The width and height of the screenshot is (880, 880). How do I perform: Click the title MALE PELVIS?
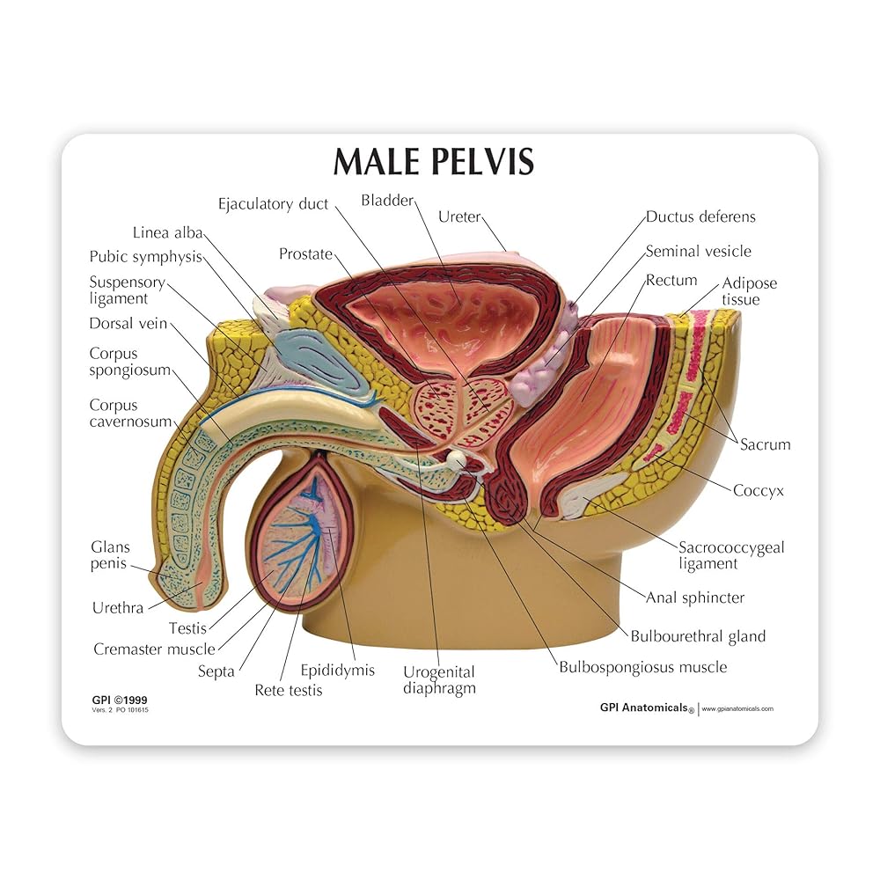[432, 164]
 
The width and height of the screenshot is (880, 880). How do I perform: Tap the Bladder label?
[386, 201]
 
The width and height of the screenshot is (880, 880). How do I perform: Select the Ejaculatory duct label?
[273, 204]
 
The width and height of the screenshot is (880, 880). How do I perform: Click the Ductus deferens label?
[700, 216]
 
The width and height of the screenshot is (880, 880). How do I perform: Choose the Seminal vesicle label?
[698, 252]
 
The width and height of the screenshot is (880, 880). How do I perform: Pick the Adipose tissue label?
[749, 291]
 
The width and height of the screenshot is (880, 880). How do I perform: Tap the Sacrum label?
[765, 444]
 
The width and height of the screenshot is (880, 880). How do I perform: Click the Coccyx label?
[759, 490]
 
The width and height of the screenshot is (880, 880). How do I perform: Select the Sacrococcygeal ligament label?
[730, 555]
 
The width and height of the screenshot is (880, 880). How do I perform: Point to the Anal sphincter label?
[695, 598]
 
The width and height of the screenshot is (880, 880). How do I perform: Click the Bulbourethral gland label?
[698, 636]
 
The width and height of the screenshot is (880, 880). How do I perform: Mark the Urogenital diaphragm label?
[438, 679]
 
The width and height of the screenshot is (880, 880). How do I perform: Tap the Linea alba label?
[167, 233]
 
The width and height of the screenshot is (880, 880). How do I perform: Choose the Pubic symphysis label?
[145, 257]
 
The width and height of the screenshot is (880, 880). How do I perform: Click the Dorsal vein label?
[128, 324]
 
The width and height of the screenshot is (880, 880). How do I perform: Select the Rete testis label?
[288, 690]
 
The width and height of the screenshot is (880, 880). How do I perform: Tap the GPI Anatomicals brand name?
[644, 707]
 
